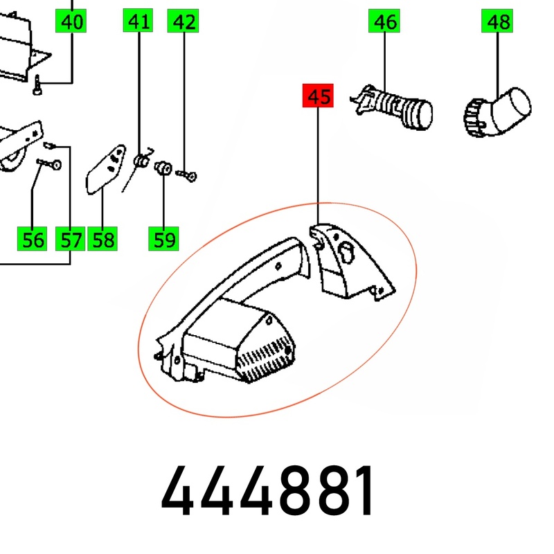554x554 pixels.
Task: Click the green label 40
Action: (x=71, y=21)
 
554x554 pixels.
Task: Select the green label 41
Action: (x=138, y=21)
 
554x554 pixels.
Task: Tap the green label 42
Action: (x=183, y=21)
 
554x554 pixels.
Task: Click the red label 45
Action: (x=318, y=96)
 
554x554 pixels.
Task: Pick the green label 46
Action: (x=384, y=21)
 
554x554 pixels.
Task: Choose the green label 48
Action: (x=497, y=21)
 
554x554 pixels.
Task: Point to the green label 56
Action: (x=32, y=239)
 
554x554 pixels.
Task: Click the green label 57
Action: (x=71, y=239)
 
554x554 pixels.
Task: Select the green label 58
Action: (x=102, y=239)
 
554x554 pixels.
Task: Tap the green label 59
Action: (x=163, y=239)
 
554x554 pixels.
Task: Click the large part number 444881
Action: (x=267, y=491)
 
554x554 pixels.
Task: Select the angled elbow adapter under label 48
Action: (x=497, y=112)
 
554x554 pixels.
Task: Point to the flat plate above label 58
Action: (x=106, y=169)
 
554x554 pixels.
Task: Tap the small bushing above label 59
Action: (x=163, y=168)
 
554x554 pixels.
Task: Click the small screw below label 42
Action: (x=186, y=175)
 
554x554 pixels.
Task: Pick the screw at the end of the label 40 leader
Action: (x=37, y=84)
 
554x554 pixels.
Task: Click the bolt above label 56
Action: (x=48, y=163)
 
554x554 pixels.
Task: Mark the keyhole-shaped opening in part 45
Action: (x=346, y=252)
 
